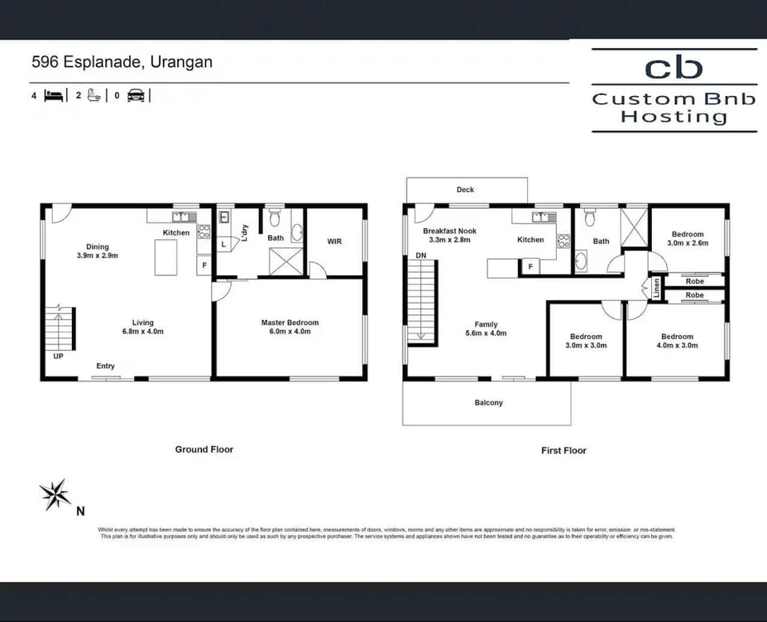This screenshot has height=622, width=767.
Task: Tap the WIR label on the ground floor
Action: pos(335,241)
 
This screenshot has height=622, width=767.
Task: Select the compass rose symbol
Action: pos(55,495)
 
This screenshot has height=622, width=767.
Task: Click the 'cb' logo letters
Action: pos(674,68)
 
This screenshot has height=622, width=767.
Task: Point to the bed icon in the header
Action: pos(54,95)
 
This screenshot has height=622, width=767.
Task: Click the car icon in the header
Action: pos(136,95)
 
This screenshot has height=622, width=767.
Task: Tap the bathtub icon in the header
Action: pos(94,95)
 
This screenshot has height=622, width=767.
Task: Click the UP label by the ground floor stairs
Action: pos(58,357)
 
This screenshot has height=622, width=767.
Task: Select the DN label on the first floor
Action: pos(421,256)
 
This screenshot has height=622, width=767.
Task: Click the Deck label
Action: pos(465,189)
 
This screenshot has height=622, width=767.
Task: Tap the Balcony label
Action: pos(489,403)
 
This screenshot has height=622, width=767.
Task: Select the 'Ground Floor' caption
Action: pos(204,449)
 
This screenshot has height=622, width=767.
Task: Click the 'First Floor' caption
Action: pos(563,451)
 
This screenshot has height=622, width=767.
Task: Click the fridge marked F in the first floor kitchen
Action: pos(531,267)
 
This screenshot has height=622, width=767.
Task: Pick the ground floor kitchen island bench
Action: pos(166,257)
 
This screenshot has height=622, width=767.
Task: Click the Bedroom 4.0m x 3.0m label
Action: pos(677,341)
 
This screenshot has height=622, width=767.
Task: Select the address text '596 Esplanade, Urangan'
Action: pos(122,62)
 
